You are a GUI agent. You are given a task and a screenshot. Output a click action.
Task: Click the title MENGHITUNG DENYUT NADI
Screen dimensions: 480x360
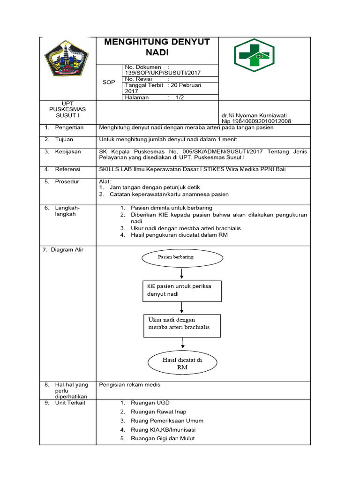coord(157,47)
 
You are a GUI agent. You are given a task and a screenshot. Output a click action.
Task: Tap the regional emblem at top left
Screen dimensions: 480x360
coord(66,59)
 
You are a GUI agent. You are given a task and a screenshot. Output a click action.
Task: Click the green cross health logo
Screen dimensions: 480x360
coord(254,55)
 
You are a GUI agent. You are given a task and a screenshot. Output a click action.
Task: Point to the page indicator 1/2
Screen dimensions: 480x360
coord(180,97)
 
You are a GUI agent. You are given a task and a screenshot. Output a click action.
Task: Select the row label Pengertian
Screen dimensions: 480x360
coord(69,127)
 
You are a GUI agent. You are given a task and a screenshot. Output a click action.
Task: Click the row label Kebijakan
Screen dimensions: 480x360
coord(68,151)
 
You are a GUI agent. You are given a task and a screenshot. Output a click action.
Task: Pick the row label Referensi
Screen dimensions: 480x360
coord(67,169)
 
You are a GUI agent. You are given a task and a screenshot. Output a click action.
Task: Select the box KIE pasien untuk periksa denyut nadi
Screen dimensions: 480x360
coord(182,291)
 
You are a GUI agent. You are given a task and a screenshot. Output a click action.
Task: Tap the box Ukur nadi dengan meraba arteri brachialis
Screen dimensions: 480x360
coord(182,325)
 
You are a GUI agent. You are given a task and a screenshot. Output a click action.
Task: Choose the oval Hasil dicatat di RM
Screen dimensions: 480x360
coord(182,363)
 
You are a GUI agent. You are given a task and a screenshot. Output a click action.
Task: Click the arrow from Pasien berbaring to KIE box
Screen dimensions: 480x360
coord(182,273)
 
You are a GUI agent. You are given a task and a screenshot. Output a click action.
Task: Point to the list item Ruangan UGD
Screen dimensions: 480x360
coord(150,403)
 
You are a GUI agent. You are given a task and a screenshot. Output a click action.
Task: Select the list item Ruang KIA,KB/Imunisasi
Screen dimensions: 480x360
coord(163,429)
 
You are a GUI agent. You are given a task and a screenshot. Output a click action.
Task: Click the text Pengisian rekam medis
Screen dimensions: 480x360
coord(130,385)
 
